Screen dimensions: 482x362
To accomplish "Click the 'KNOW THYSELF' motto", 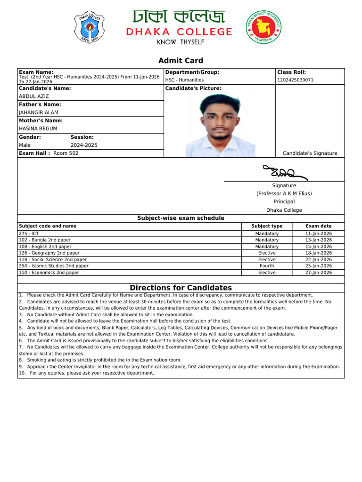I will [181, 42].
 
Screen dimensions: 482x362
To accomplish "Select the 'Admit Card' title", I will [181, 60].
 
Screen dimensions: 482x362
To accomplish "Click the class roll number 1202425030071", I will [295, 80].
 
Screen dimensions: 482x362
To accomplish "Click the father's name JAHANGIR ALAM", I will [39, 112].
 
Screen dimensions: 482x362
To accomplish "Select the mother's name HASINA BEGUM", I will [38, 129].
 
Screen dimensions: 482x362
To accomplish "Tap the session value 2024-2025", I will [84, 145].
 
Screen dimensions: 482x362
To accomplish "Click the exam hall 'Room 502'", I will [66, 153].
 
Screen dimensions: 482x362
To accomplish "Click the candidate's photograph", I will [220, 125].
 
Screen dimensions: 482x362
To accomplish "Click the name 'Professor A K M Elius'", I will [284, 193].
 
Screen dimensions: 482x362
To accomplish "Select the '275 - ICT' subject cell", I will [29, 233].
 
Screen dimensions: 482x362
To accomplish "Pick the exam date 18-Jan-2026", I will [319, 253].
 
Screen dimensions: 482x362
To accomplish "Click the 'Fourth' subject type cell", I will [267, 266].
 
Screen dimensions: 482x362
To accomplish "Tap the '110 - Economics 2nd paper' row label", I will [49, 273].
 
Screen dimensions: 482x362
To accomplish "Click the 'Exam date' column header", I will [319, 226].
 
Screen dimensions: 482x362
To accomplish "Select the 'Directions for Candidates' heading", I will [181, 288].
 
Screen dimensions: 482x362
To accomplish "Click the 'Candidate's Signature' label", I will [310, 153].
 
